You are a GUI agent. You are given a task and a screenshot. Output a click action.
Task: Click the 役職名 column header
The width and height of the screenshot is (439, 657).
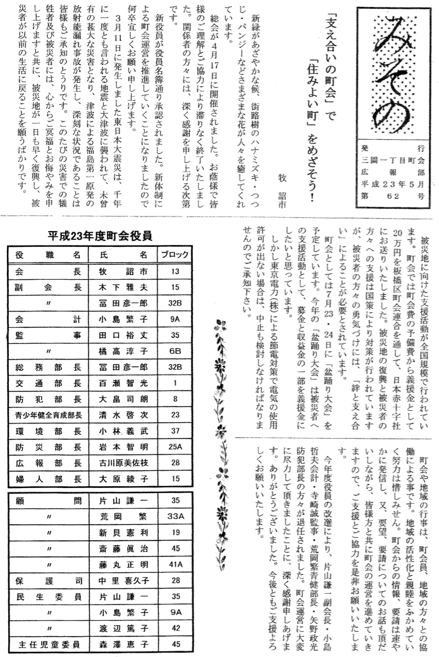[x=47, y=255]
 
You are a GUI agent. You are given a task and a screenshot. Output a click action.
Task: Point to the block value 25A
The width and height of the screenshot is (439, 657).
[x=175, y=446]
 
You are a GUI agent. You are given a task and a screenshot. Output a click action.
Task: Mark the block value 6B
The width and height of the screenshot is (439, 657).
[x=175, y=350]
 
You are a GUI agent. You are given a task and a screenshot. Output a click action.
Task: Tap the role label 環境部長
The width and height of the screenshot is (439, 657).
[x=47, y=430]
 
